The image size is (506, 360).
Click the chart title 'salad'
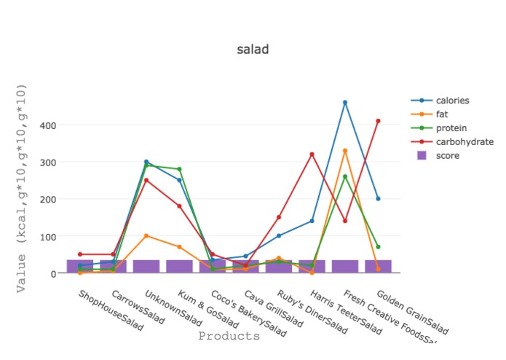tap(253, 50)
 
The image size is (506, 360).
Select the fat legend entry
tap(442, 114)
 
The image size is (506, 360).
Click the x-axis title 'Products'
tap(229, 337)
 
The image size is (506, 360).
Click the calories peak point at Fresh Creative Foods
tap(345, 102)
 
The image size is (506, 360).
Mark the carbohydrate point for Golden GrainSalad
tap(378, 121)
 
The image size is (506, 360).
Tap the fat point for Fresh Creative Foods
tap(345, 151)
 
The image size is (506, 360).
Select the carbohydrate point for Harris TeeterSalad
tap(312, 154)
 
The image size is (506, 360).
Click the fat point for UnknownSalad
tap(146, 236)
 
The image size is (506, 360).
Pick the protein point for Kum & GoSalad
tap(179, 169)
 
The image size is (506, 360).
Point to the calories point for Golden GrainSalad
tap(378, 199)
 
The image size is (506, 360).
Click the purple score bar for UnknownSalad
tap(146, 266)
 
